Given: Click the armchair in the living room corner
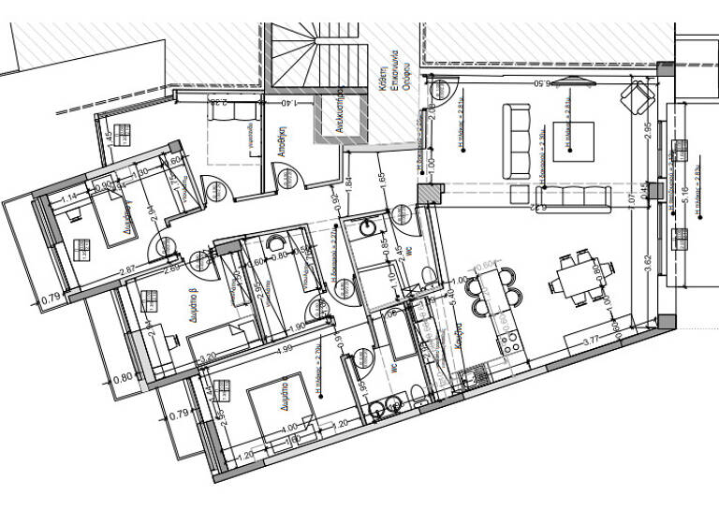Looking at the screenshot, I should [x=638, y=96].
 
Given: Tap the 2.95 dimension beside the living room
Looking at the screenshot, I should [x=648, y=132].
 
